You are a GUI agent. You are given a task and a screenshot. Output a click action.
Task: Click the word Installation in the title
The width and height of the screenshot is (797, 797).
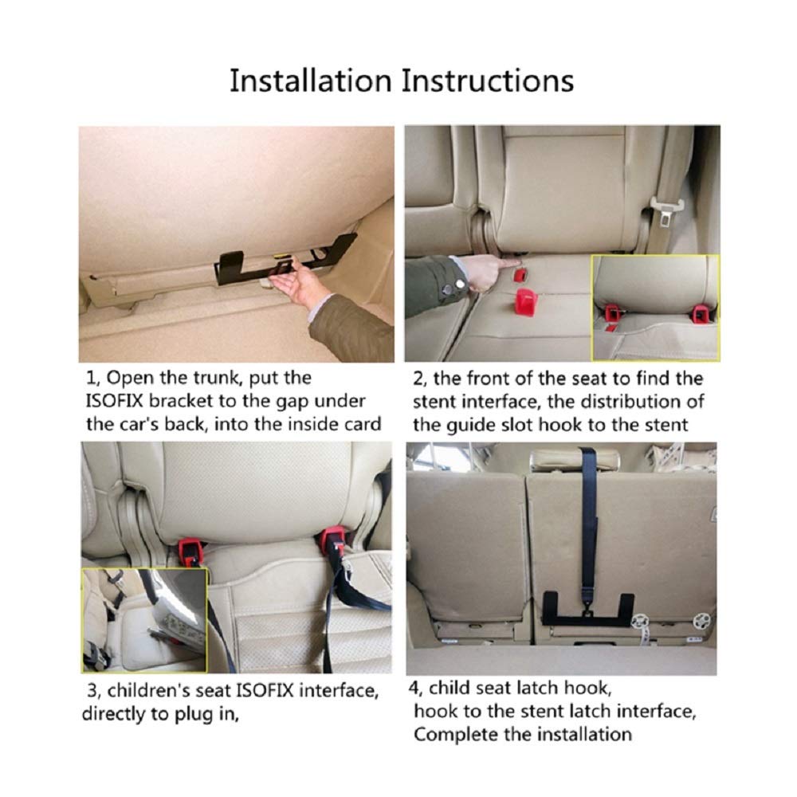pos(311,80)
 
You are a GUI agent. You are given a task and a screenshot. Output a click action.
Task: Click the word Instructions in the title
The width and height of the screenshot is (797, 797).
pos(488,80)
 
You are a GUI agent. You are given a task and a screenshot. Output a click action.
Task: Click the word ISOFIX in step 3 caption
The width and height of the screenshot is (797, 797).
pos(265,691)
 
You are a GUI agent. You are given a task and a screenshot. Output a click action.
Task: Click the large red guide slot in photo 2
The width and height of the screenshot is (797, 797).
pos(527,302)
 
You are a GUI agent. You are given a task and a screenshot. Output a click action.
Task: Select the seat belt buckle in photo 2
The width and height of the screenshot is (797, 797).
pos(666,213)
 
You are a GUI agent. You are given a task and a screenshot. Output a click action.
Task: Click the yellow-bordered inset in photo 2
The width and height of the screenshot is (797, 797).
pos(656,308)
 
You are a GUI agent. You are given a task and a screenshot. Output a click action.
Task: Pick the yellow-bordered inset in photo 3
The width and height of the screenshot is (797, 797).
pos(145,620)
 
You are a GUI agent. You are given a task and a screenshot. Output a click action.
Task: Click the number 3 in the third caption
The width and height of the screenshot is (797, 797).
pos(92,691)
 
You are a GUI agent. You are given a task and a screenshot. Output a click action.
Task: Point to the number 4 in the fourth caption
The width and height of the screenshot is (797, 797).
pos(414,688)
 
